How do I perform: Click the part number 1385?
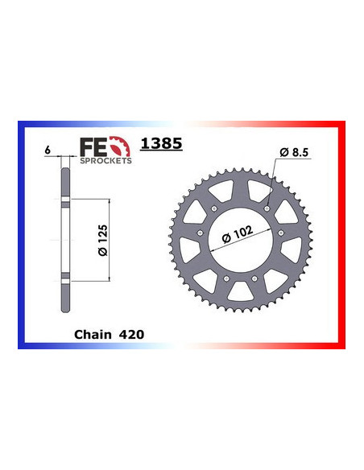(x=162, y=145)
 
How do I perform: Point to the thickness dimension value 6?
(x=49, y=150)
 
